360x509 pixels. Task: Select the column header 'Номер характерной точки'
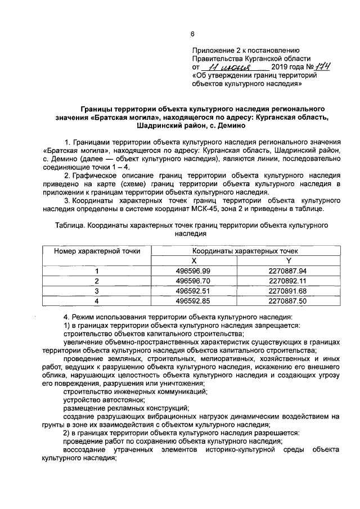97,251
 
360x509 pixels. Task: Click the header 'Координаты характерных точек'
245,251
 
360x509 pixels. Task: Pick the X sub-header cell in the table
193,260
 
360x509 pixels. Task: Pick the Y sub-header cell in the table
289,260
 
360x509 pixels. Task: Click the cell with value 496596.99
193,271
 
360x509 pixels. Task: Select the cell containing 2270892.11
288,281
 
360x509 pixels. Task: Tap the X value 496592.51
193,291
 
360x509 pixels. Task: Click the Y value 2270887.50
288,301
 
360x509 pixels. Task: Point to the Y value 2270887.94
288,271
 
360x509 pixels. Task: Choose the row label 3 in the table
97,291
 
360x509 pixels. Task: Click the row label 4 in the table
97,301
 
